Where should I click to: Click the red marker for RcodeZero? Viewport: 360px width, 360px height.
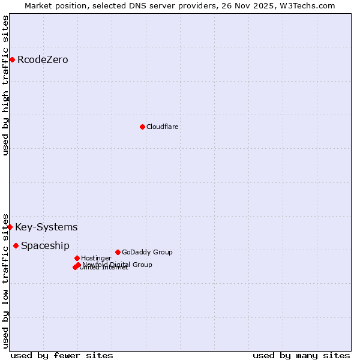click(12, 59)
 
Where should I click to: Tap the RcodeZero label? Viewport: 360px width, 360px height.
click(43, 60)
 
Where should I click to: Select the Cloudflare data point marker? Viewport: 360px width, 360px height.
click(142, 127)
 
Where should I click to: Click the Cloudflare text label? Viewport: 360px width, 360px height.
click(163, 127)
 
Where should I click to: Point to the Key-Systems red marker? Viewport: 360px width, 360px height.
click(10, 227)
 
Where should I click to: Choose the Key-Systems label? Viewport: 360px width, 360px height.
click(46, 227)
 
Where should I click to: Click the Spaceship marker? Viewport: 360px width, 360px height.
click(16, 245)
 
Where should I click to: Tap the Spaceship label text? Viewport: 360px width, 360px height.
click(45, 246)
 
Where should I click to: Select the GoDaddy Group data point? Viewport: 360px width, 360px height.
click(118, 252)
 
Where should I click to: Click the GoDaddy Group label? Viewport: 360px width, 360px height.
click(147, 253)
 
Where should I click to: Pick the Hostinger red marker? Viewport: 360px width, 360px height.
click(77, 258)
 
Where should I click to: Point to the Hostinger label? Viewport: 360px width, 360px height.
click(96, 259)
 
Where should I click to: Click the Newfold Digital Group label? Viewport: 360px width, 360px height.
click(118, 265)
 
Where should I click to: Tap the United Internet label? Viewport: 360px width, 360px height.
click(104, 268)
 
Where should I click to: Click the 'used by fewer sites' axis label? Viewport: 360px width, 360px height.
click(62, 355)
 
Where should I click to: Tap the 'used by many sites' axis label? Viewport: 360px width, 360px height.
click(301, 355)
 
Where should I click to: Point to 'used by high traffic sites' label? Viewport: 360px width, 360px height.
click(6, 86)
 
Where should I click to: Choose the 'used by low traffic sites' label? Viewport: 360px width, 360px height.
click(6, 280)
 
